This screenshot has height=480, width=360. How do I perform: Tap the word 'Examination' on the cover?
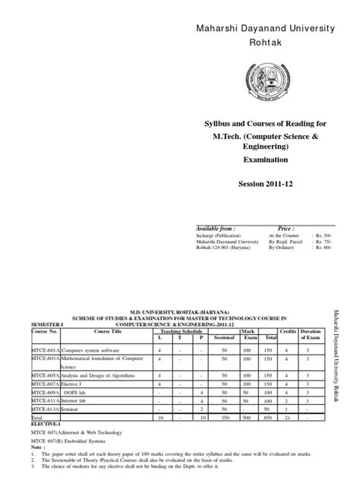(x=266, y=161)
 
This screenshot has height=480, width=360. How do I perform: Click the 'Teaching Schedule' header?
(x=181, y=331)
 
